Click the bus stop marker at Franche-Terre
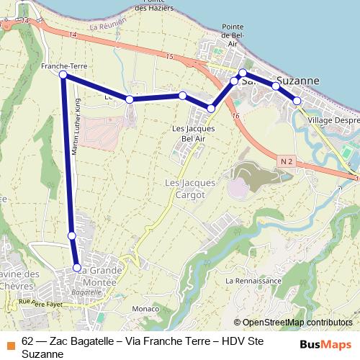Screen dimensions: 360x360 pyautogui.click(x=63, y=75)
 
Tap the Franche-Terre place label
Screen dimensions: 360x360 pyautogui.click(x=63, y=66)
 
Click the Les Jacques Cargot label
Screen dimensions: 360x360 pyautogui.click(x=190, y=189)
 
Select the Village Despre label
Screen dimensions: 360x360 pyautogui.click(x=333, y=120)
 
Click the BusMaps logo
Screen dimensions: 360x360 pyautogui.click(x=326, y=344)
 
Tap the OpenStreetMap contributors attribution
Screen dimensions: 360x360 pyautogui.click(x=297, y=323)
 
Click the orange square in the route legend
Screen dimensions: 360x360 pyautogui.click(x=11, y=344)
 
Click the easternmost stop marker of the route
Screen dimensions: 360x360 pyautogui.click(x=297, y=102)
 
